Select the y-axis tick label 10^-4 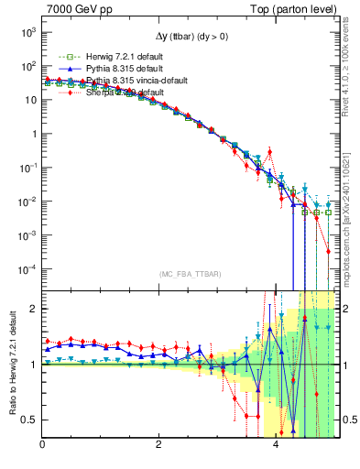click(x=28, y=268)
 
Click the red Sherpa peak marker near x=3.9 click(x=270, y=152)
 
